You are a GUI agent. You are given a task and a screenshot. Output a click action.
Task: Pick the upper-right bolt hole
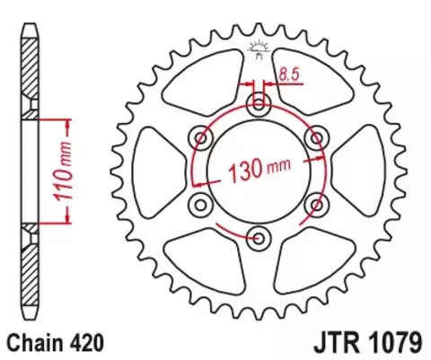click(315, 138)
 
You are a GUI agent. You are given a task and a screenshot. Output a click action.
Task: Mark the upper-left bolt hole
click(201, 138)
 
